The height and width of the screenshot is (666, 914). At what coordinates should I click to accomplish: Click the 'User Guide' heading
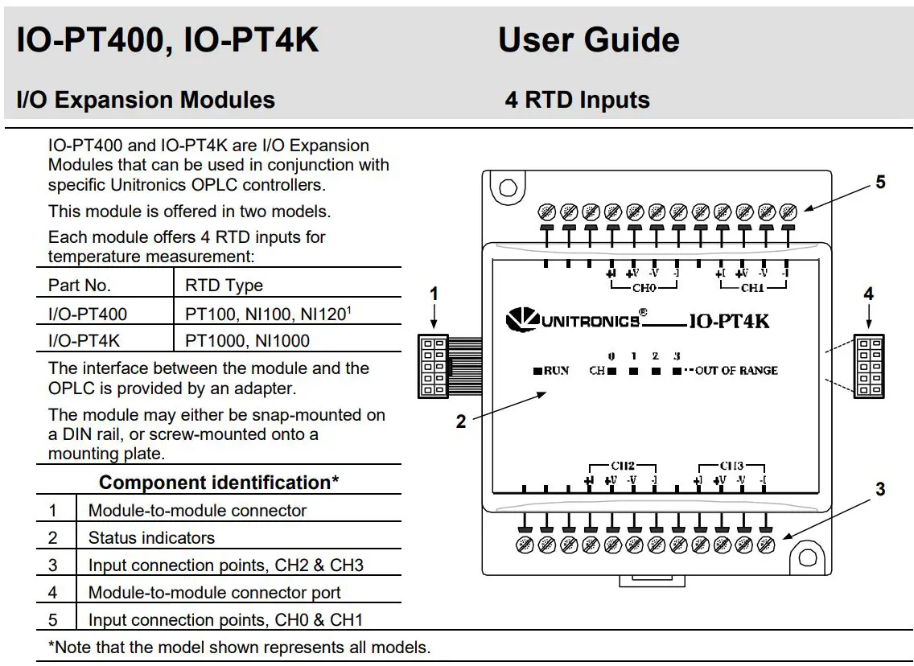pyautogui.click(x=588, y=40)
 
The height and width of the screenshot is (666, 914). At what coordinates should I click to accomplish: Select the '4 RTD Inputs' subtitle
pyautogui.click(x=577, y=100)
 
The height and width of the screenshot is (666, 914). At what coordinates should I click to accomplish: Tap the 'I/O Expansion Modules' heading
pyautogui.click(x=146, y=100)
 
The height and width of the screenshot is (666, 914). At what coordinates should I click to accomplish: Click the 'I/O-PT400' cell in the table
pyautogui.click(x=88, y=314)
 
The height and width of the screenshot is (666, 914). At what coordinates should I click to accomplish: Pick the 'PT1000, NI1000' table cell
pyautogui.click(x=247, y=341)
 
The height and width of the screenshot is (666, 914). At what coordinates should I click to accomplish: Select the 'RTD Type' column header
pyautogui.click(x=224, y=286)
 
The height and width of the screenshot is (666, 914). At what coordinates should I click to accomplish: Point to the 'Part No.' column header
pyautogui.click(x=80, y=286)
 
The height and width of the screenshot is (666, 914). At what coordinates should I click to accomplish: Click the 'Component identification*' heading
pyautogui.click(x=219, y=483)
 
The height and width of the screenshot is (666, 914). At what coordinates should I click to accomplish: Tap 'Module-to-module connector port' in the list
pyautogui.click(x=214, y=593)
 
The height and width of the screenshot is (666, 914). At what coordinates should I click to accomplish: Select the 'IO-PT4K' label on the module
pyautogui.click(x=729, y=321)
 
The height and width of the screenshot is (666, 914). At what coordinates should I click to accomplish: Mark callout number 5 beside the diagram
pyautogui.click(x=880, y=183)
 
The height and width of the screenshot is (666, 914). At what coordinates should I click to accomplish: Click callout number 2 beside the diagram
pyautogui.click(x=461, y=421)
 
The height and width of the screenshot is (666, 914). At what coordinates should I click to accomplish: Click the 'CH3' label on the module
pyautogui.click(x=731, y=466)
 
